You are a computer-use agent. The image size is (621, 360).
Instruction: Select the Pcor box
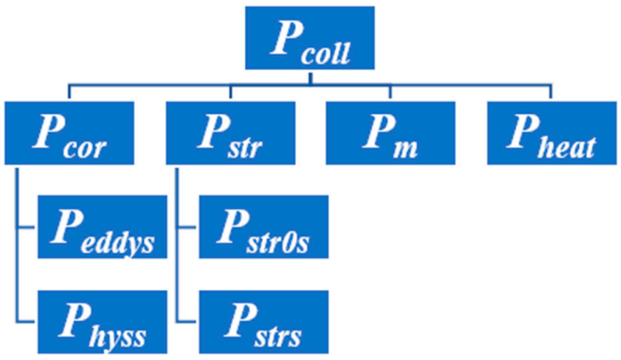click(69, 133)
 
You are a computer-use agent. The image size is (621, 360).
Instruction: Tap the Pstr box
click(230, 133)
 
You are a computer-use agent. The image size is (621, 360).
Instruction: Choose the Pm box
click(389, 133)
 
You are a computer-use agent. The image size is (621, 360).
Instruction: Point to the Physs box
click(102, 321)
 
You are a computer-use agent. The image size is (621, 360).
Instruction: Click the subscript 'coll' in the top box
click(324, 53)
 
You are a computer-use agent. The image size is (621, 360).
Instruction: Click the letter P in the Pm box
click(375, 131)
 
